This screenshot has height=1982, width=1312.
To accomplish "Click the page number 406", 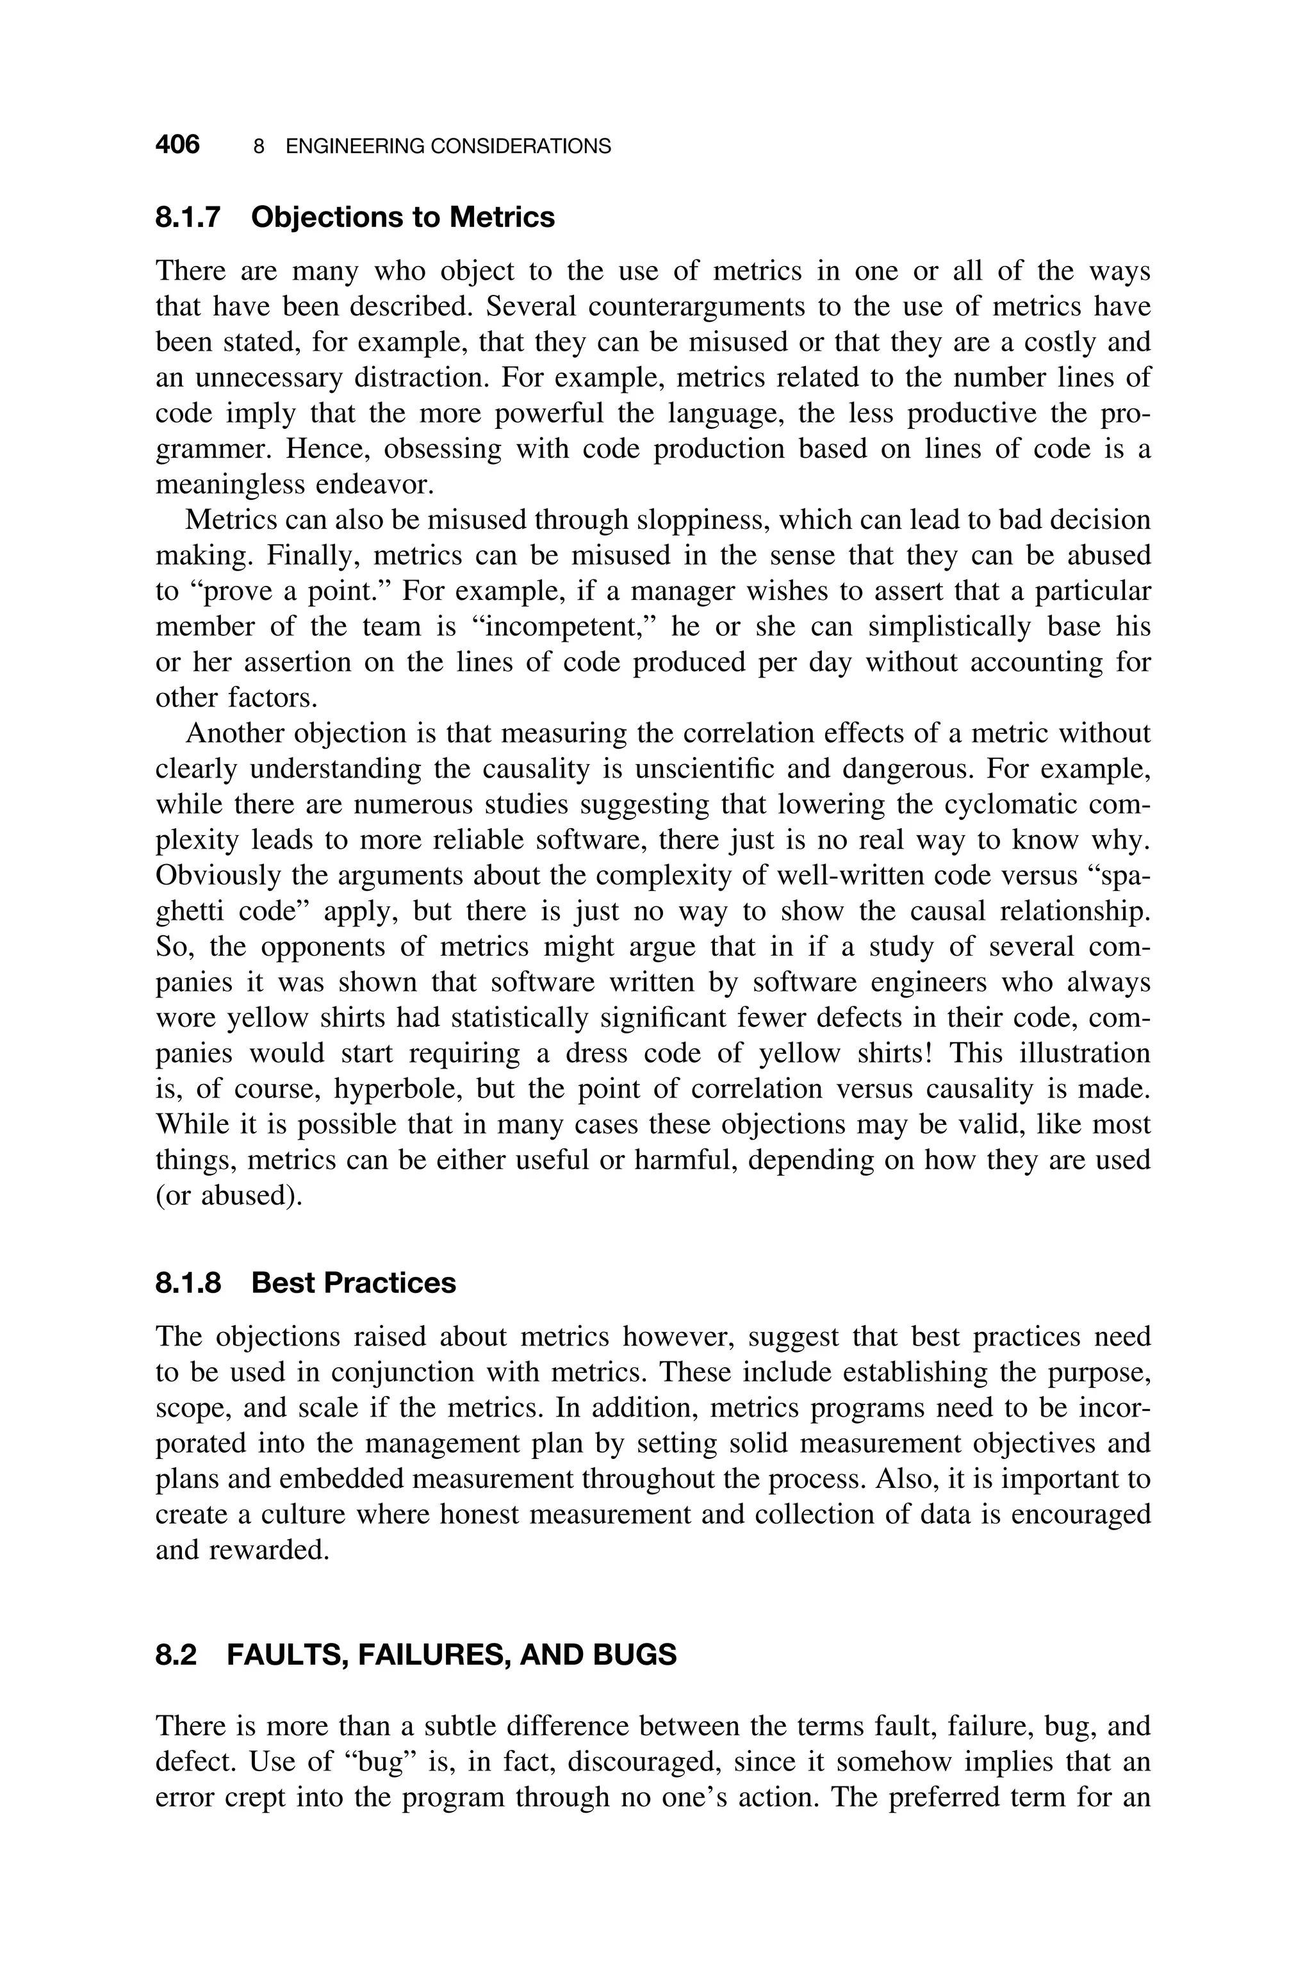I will coord(177,145).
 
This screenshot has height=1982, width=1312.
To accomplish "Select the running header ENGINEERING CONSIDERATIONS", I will coord(448,147).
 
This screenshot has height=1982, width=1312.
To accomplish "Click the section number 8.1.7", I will coord(188,217).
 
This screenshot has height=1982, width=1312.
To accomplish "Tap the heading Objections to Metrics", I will coord(402,217).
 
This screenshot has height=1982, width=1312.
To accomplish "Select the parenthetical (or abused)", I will coord(229,1195).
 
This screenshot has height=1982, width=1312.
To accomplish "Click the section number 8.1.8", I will coord(188,1283).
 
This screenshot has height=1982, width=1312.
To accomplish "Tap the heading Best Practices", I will coord(353,1283).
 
